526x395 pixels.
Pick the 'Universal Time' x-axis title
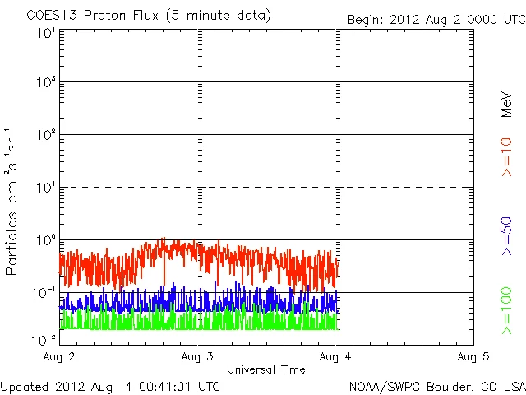click(x=266, y=369)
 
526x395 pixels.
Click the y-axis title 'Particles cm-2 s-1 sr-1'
click(x=13, y=201)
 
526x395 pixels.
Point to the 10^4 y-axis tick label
click(x=45, y=33)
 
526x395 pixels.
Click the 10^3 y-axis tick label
click(x=45, y=83)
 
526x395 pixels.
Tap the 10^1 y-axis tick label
click(x=45, y=188)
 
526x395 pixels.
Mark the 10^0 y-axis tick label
click(x=45, y=241)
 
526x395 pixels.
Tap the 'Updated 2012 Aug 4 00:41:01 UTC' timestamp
click(x=110, y=385)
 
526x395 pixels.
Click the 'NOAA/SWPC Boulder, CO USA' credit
click(x=436, y=385)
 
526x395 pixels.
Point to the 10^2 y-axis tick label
click(x=45, y=136)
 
